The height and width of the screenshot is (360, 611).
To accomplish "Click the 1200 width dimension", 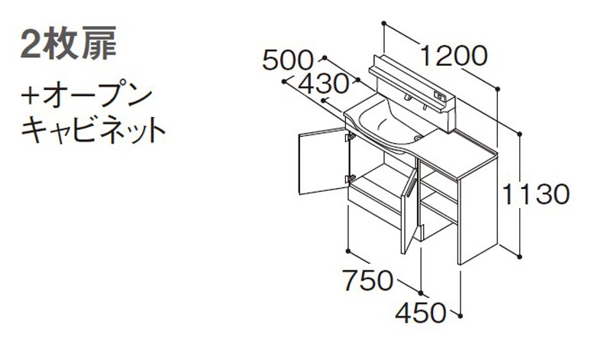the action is coord(454,56).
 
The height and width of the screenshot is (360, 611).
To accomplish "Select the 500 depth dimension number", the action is coord(288,60).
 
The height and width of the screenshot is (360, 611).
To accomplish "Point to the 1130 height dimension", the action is coord(536,195).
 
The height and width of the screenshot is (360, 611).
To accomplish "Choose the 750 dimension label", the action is coord(368,280).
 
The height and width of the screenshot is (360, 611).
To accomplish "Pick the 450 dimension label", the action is coord(421,313).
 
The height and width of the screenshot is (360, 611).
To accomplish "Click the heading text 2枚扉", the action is coord(69,43).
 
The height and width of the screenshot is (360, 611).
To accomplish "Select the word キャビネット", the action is coord(93,129).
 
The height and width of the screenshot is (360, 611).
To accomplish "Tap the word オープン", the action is coord(98,97).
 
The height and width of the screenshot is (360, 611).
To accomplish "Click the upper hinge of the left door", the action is coord(350,137).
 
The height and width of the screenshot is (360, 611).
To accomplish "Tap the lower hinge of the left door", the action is coord(350,179).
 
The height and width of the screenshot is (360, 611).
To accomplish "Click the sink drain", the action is coord(419,138).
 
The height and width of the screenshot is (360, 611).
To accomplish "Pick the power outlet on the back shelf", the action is coord(439,95).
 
